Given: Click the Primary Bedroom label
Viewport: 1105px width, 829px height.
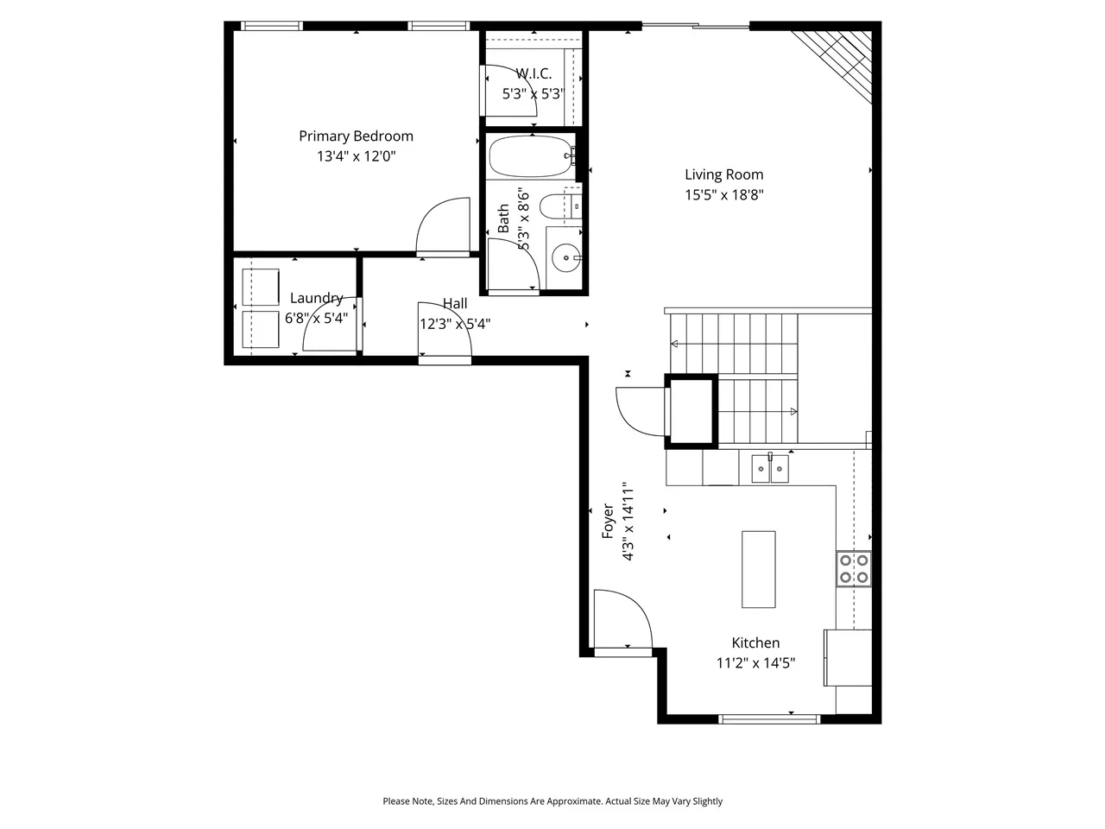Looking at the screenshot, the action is pyautogui.click(x=356, y=136).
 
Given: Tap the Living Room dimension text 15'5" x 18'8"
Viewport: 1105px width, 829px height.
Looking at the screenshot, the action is pyautogui.click(x=724, y=195).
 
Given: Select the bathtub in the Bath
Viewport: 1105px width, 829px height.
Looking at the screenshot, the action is pyautogui.click(x=532, y=156).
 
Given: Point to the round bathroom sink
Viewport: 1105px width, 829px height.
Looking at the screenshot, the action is pyautogui.click(x=565, y=257).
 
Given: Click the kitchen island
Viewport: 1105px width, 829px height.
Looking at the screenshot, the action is pyautogui.click(x=758, y=569).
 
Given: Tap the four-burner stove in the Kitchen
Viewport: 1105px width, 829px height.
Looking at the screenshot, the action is pyautogui.click(x=854, y=568).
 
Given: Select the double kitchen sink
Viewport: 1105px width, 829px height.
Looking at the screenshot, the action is pyautogui.click(x=770, y=469).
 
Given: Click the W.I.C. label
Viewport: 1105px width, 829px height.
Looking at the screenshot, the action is pyautogui.click(x=534, y=74).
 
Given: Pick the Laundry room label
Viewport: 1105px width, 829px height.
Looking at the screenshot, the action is pyautogui.click(x=316, y=298).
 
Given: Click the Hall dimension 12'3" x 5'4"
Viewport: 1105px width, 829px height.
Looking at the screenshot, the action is pyautogui.click(x=455, y=324).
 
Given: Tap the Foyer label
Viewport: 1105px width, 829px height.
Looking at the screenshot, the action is pyautogui.click(x=608, y=521).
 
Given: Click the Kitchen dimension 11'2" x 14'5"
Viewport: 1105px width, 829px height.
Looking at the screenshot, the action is pyautogui.click(x=755, y=663).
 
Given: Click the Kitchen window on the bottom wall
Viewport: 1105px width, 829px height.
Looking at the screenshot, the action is pyautogui.click(x=768, y=719).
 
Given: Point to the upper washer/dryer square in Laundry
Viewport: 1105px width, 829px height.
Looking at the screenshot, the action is pyautogui.click(x=260, y=287).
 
